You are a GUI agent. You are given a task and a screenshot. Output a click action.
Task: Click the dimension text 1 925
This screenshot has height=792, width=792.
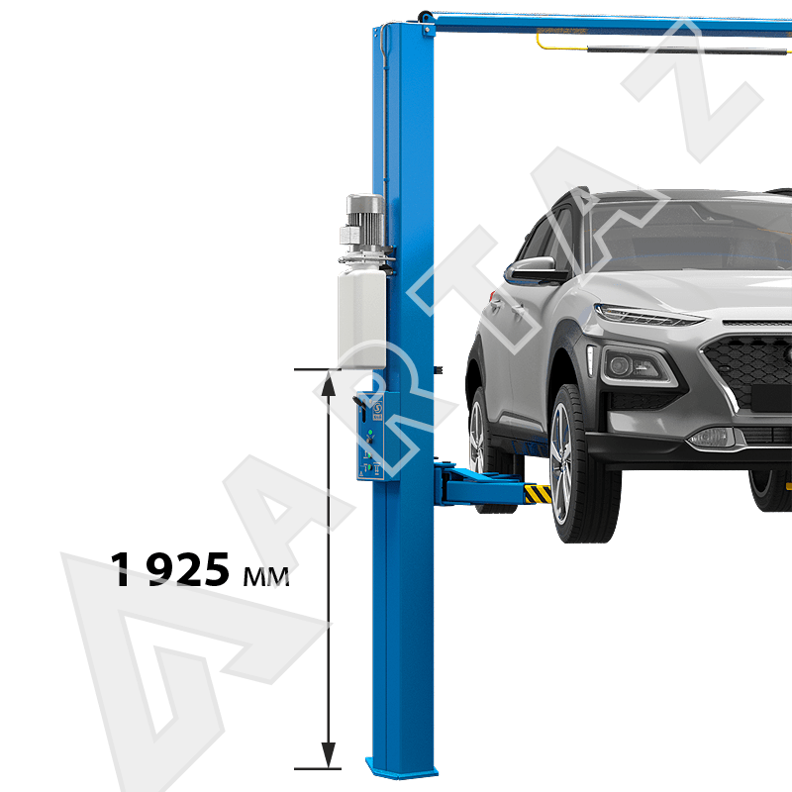pos(170,569)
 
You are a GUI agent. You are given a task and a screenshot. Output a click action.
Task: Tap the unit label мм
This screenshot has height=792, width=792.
pos(266,576)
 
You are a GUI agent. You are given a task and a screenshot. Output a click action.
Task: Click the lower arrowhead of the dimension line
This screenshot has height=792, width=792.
pos(329,754)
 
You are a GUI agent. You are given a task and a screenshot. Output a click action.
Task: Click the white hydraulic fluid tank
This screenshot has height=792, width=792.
pos(362,317)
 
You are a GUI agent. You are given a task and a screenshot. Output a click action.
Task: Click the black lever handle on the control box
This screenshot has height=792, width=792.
pos(360,403)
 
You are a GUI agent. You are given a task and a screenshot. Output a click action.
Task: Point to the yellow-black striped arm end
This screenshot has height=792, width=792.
pos(538,494)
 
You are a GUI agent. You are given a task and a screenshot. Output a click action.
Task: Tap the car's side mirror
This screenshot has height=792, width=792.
pos(536,269)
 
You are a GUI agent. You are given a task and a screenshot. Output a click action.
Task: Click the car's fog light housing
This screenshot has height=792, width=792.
pos(636,367)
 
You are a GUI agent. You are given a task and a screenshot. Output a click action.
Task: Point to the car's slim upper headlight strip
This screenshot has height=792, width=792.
pos(648,315)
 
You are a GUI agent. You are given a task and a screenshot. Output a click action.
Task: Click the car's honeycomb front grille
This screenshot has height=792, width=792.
pos(748,369)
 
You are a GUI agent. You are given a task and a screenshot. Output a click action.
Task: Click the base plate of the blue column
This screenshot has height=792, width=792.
pos(402,769)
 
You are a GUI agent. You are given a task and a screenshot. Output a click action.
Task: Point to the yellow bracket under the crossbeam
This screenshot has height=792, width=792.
pos(559,42)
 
